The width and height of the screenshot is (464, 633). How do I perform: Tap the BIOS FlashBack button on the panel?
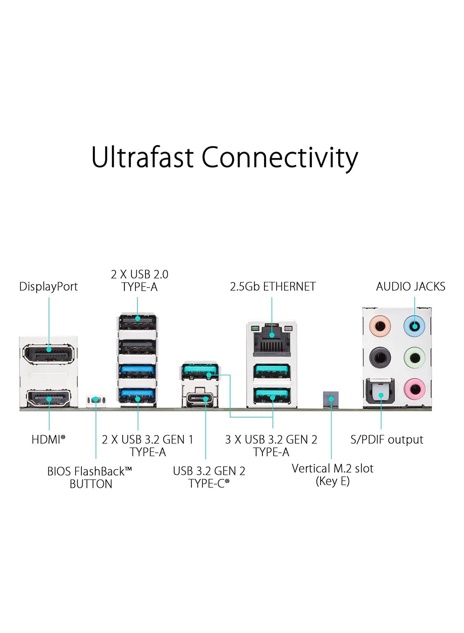coord(96,399)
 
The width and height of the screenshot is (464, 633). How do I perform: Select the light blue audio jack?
coord(414,325)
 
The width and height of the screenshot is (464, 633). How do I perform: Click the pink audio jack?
coord(414,389)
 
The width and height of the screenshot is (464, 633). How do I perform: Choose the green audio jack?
coord(414,357)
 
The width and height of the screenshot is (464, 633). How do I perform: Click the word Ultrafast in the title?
coord(143,157)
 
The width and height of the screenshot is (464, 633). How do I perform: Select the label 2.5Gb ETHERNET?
coord(272,287)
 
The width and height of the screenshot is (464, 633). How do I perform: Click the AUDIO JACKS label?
coord(410,287)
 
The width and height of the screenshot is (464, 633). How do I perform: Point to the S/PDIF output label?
coord(387,440)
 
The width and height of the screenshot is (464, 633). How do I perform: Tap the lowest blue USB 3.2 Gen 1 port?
coord(138,397)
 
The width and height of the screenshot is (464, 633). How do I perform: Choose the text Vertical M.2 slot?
coord(332,468)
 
